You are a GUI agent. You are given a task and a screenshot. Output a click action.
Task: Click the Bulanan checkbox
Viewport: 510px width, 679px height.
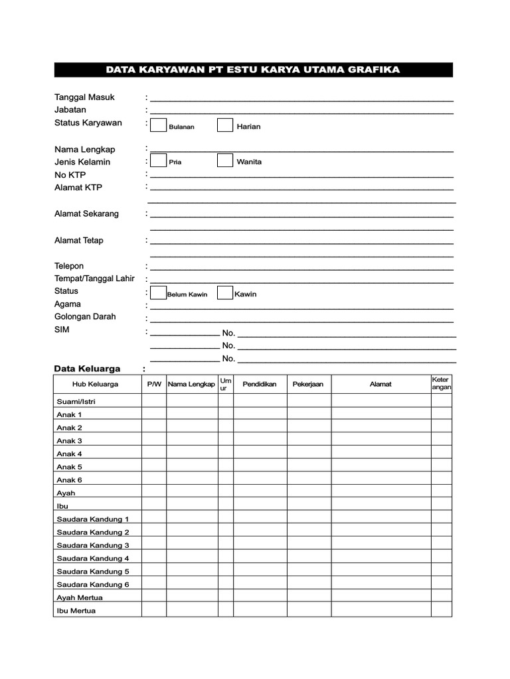tap(158, 125)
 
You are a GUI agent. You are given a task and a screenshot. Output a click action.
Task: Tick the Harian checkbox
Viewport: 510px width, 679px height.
tap(225, 125)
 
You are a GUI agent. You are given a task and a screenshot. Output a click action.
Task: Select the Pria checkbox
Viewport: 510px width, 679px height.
tap(158, 160)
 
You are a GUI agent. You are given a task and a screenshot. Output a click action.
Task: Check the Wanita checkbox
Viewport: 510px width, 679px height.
tap(225, 160)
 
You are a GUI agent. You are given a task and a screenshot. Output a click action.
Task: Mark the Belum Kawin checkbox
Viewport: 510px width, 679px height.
tap(158, 293)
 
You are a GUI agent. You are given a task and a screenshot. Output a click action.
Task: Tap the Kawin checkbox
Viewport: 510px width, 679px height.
tap(225, 293)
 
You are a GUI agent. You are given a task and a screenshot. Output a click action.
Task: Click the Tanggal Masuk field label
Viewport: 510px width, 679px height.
tap(84, 97)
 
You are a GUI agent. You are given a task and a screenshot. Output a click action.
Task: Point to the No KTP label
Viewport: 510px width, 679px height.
tap(70, 174)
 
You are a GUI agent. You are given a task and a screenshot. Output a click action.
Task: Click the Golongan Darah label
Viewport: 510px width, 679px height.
tap(85, 316)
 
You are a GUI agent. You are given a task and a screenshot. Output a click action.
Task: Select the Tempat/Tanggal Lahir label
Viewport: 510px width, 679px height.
tap(94, 278)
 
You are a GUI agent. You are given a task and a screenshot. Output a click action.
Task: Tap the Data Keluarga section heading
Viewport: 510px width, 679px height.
tap(87, 369)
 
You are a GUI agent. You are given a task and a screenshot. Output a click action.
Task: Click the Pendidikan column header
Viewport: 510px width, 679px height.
tap(259, 384)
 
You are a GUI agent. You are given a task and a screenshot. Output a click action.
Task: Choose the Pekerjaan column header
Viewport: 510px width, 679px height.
tap(308, 384)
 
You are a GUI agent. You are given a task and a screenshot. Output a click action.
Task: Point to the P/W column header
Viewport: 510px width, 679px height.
tap(154, 384)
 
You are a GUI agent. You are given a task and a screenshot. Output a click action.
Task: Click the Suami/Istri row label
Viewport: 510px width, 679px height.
tap(76, 401)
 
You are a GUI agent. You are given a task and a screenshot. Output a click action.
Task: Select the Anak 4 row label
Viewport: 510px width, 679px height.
tap(70, 454)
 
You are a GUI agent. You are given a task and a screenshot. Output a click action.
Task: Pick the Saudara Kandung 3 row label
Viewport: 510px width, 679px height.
tap(93, 545)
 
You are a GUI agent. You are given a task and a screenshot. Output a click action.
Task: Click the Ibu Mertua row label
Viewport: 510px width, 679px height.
tap(76, 611)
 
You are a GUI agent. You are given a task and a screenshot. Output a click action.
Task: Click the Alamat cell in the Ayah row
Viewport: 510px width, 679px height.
tap(381, 493)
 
